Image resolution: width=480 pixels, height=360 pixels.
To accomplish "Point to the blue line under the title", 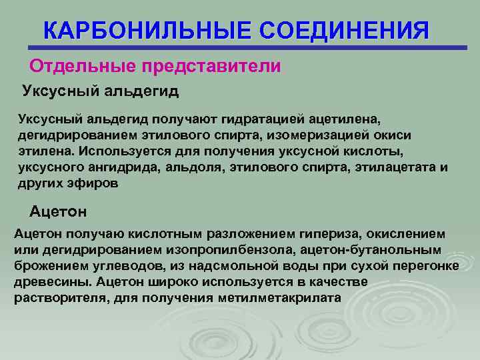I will point(247,48).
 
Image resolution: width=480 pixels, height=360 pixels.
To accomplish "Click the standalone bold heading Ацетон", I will point(58,211).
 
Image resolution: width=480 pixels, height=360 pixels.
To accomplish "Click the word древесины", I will point(43,282).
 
